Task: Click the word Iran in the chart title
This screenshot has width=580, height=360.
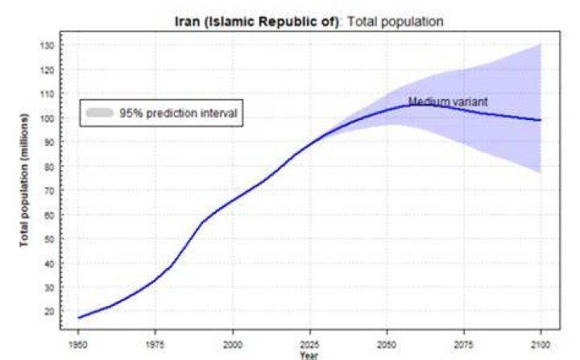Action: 187,22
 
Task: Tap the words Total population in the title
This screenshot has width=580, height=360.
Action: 395,22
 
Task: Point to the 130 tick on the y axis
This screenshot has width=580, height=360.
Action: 47,46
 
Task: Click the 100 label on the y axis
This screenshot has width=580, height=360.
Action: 47,118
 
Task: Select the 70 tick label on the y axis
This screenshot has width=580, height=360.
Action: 49,191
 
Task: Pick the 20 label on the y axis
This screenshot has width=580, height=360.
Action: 49,312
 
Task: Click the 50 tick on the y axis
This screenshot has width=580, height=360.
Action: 49,239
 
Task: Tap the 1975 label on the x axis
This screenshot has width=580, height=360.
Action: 155,345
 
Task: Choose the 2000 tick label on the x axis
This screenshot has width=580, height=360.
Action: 233,345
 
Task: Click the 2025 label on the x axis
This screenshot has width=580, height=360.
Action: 309,345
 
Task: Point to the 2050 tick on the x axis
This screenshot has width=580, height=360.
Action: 387,345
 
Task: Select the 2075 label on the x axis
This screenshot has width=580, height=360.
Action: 463,345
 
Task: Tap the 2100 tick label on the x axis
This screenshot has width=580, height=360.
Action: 541,345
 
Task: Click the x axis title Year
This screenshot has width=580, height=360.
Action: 309,355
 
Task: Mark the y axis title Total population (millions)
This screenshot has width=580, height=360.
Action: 24,180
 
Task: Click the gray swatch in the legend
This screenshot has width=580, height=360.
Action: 100,113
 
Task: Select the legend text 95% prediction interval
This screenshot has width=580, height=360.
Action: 178,113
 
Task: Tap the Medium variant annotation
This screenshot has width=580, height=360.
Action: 448,101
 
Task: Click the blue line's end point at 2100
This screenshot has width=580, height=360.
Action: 541,120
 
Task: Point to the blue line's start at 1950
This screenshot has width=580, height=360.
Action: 78,318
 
